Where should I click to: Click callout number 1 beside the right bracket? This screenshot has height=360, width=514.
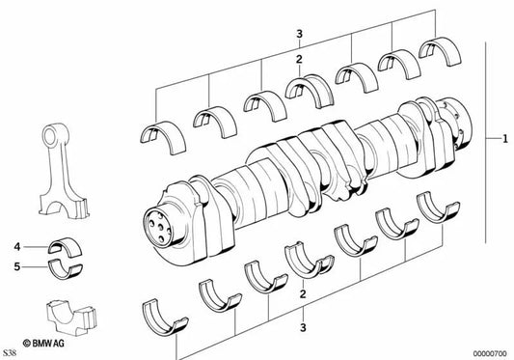503,141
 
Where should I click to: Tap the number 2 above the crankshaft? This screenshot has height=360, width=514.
300,60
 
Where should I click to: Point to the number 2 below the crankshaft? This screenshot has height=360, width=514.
303,293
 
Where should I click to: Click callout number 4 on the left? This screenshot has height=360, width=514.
16,246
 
